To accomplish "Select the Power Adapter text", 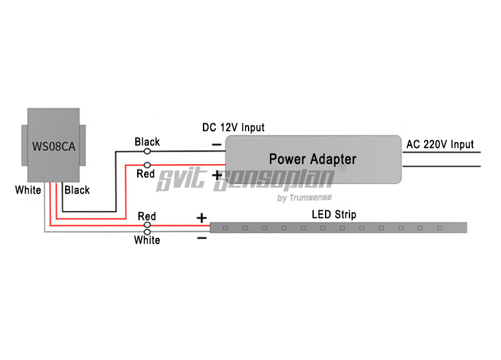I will click(x=312, y=159).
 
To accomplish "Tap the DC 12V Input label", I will click(x=233, y=128).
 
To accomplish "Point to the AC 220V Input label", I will click(x=440, y=145).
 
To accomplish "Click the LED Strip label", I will click(x=334, y=215).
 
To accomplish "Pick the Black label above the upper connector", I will click(x=147, y=142).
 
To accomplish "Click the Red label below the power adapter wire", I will click(x=145, y=173).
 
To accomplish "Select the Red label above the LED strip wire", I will click(x=147, y=217).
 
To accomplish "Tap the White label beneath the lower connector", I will click(x=147, y=240).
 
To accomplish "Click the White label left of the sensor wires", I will click(x=28, y=190).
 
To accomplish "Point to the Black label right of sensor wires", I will click(x=77, y=190).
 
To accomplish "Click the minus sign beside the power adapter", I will click(x=216, y=145).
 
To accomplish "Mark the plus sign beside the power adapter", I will click(x=217, y=175).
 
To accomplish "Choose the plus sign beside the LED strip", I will click(x=202, y=218).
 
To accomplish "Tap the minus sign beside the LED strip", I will click(x=202, y=238).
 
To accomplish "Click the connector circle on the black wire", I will click(x=148, y=151).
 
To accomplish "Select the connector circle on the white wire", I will click(x=148, y=232).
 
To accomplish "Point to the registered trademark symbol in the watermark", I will click(x=342, y=168).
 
